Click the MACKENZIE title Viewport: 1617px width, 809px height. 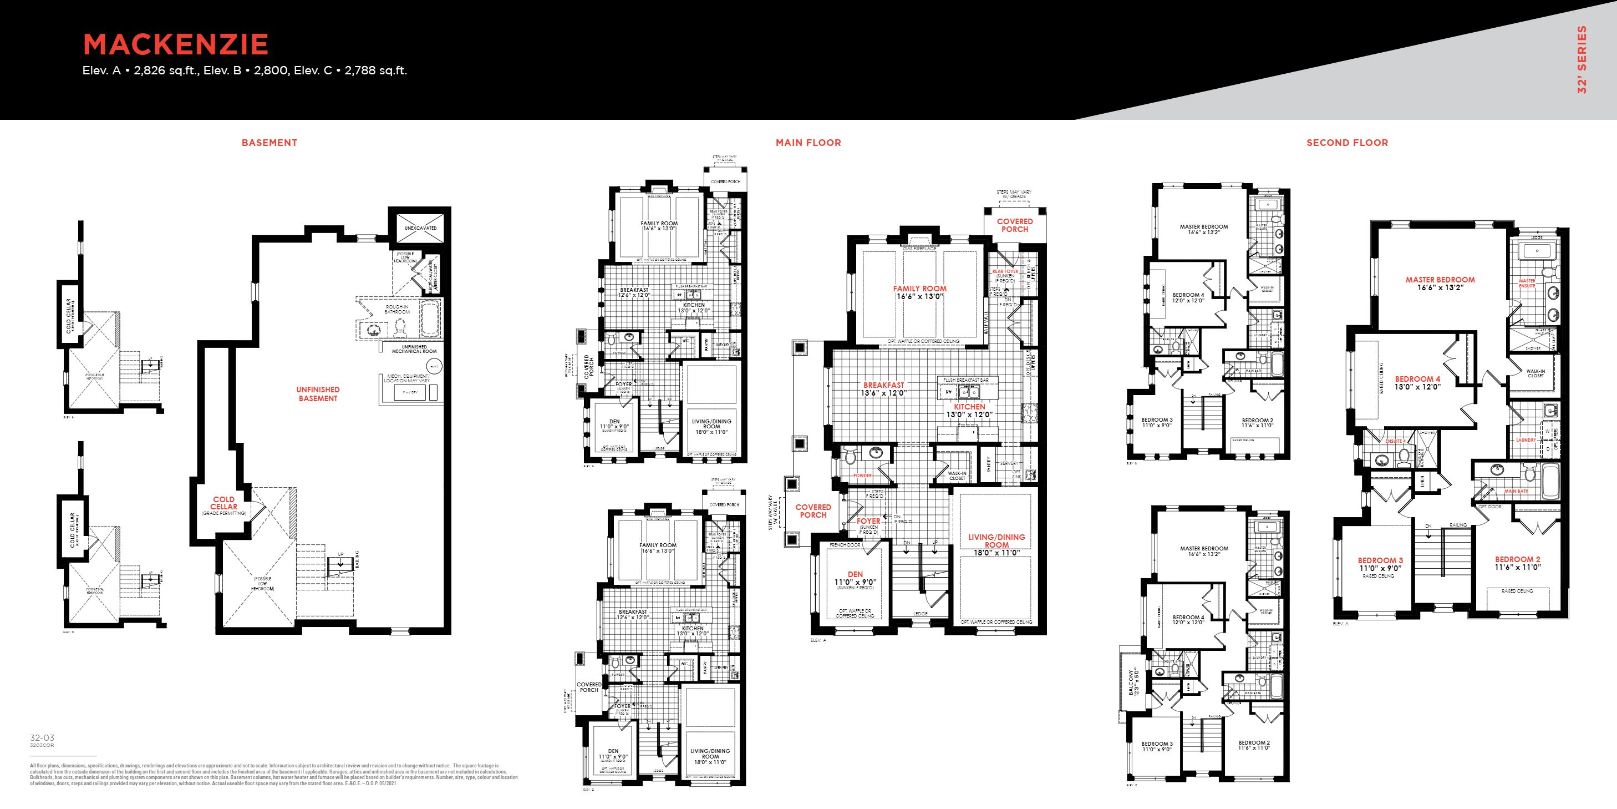[176, 44]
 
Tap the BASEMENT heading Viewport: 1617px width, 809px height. [269, 143]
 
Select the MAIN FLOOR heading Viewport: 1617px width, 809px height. [808, 143]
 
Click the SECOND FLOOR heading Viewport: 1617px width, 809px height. [1347, 143]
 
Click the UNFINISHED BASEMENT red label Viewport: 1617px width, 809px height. [318, 394]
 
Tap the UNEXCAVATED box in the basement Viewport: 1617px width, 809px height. [420, 228]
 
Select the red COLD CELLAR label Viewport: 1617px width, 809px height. [223, 503]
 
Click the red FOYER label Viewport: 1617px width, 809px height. [868, 520]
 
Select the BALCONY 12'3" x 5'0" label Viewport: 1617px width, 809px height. [1133, 681]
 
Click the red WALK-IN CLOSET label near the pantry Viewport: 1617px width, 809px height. [957, 476]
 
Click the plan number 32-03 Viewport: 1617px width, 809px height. [42, 737]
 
